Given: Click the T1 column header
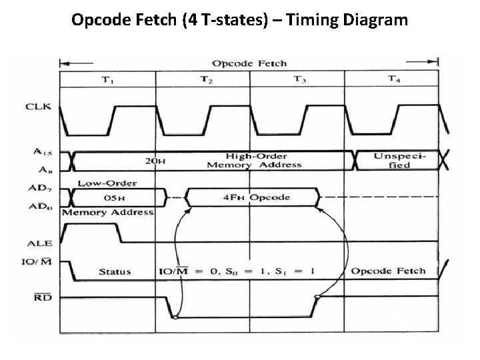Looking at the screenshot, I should pyautogui.click(x=107, y=80).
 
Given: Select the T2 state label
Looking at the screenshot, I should pyautogui.click(x=207, y=80).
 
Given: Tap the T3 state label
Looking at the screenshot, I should pyautogui.click(x=300, y=80).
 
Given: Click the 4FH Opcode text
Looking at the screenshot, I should pyautogui.click(x=256, y=197).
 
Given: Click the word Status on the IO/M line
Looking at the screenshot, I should pyautogui.click(x=115, y=272).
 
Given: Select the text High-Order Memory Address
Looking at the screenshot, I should pyautogui.click(x=255, y=159).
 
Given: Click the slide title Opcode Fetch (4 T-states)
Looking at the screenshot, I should pyautogui.click(x=239, y=20).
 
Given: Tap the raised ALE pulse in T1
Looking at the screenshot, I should pyautogui.click(x=93, y=227).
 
